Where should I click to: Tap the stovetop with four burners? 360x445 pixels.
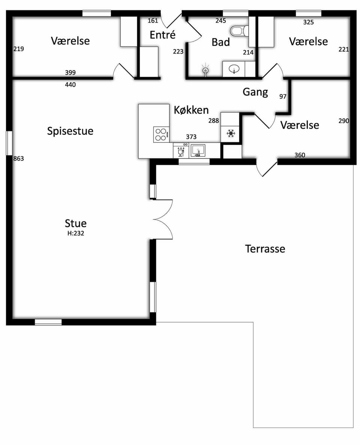click(161, 135)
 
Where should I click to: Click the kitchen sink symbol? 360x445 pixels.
click(198, 150)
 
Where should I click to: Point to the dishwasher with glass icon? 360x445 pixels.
click(181, 150)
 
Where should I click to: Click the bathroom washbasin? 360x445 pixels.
click(234, 69)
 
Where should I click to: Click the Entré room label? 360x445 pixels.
click(162, 34)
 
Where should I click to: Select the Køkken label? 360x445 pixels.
click(191, 110)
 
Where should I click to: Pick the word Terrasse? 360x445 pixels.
click(265, 249)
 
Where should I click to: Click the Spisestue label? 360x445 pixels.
click(70, 131)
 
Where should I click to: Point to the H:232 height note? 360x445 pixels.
click(75, 233)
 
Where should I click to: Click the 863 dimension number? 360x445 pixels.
click(19, 158)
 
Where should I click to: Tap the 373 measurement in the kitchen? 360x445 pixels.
click(191, 137)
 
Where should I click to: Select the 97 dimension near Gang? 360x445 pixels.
click(283, 96)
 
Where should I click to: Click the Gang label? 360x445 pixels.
click(255, 92)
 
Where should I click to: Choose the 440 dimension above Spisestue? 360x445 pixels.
click(70, 85)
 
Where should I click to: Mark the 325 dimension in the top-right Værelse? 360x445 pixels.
click(308, 22)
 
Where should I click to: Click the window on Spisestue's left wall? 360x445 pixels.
click(9, 143)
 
